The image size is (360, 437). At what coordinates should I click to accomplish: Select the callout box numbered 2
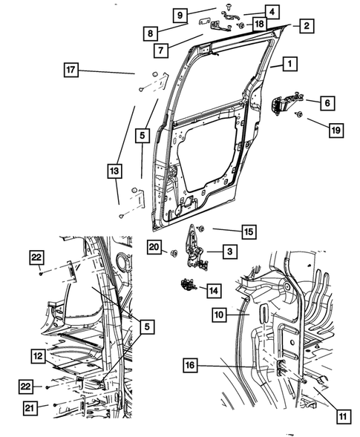(x=305, y=27)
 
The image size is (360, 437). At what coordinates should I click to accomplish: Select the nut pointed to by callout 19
(x=298, y=114)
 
